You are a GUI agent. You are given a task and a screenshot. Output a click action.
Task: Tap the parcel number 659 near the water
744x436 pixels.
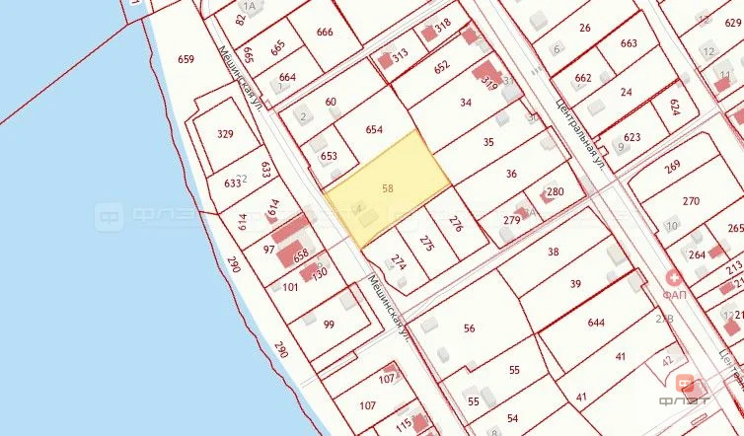186,59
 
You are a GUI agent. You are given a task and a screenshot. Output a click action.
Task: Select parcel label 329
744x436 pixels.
226,135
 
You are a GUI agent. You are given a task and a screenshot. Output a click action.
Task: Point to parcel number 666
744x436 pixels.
325,33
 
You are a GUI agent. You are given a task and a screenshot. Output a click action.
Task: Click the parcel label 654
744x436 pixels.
374,129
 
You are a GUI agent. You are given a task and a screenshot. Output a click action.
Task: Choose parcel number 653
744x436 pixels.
329,156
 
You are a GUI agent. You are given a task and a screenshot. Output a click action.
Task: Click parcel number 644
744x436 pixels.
596,323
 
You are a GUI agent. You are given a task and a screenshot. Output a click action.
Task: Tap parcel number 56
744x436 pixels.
469,328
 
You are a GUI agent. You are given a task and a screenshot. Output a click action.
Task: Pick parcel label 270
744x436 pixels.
691,201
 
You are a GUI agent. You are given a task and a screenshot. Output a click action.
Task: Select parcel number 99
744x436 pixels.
329,325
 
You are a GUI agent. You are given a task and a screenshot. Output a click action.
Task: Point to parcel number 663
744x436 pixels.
629,43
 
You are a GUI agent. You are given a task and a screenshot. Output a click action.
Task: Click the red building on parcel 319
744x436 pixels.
484,72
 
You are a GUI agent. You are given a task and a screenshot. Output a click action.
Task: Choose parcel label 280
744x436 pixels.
555,191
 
